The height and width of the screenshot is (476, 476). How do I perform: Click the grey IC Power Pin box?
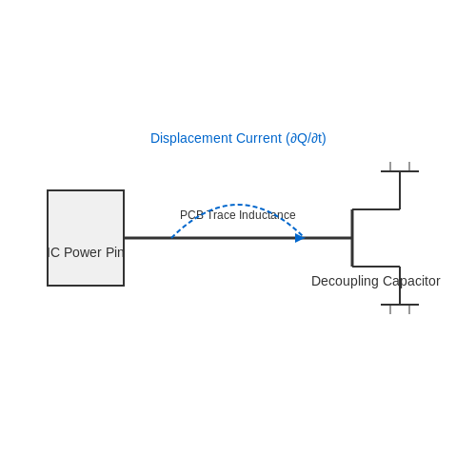point(86,238)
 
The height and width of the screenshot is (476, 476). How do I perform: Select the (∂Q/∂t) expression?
point(306,139)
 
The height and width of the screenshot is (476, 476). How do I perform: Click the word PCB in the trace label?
point(191,215)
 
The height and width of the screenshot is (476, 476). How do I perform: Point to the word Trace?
point(222,215)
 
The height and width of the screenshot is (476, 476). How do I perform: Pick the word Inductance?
point(268,215)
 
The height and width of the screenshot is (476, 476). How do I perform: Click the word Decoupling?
point(345,282)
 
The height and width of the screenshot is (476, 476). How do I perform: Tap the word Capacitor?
point(411,281)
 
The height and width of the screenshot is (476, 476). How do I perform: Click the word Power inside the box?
point(83,252)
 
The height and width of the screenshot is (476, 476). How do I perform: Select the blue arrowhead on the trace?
point(300,238)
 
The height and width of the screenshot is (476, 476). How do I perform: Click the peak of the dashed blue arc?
point(238,205)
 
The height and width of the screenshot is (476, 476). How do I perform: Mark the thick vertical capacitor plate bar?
point(352,238)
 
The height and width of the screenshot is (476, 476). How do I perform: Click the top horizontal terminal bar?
point(400,171)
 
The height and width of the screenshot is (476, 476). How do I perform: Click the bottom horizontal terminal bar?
point(400,305)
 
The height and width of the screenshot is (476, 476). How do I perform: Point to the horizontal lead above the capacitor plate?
point(376,209)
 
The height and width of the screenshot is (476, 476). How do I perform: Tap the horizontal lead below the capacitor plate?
point(376,267)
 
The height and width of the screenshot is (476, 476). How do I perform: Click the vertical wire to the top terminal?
point(400,190)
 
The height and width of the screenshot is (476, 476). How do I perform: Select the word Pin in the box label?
point(114,252)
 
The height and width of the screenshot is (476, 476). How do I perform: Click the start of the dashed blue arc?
point(171,238)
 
